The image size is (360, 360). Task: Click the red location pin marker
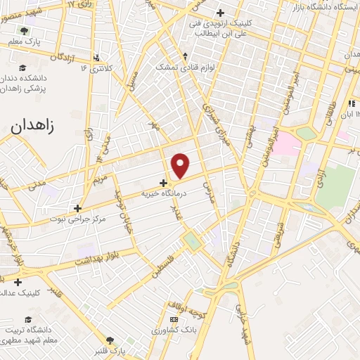coord(181,166)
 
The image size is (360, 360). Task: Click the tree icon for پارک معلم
coord(25,31)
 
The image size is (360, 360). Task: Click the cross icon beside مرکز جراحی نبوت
coord(78,209)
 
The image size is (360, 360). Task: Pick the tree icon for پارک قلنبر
coord(109,340)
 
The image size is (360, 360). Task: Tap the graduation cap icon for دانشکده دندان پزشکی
coord(22,67)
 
